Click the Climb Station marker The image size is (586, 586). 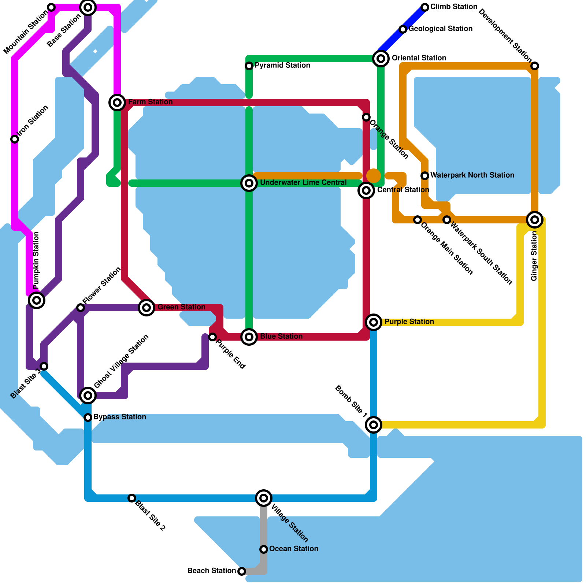[425, 7]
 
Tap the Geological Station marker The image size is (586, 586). [403, 29]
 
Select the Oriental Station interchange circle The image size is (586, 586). [381, 58]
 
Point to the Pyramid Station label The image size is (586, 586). [282, 66]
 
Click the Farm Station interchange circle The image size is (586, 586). [117, 103]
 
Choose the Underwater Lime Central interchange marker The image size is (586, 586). [249, 183]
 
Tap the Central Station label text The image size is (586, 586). [403, 190]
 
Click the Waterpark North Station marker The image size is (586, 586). [425, 176]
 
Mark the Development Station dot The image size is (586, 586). [535, 66]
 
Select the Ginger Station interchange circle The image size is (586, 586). [535, 220]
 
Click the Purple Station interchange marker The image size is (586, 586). [374, 322]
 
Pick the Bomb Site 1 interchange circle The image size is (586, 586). [374, 424]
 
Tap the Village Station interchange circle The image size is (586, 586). [264, 498]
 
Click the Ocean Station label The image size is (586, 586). [293, 549]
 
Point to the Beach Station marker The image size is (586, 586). [242, 571]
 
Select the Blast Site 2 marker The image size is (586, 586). [132, 498]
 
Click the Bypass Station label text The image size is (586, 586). [119, 417]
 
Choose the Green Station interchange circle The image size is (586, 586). [146, 308]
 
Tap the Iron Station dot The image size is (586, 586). [15, 139]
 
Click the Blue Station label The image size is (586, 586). [281, 336]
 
